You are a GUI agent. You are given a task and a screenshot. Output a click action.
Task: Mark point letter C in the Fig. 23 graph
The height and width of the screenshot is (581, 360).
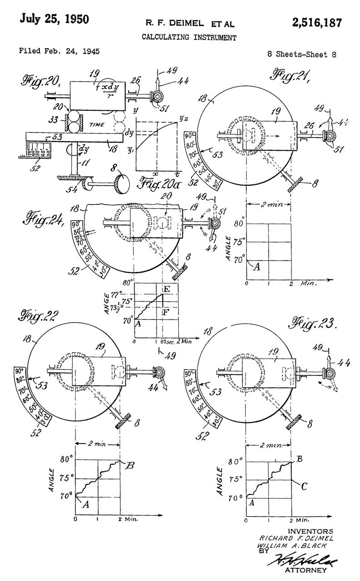click(304, 486)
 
